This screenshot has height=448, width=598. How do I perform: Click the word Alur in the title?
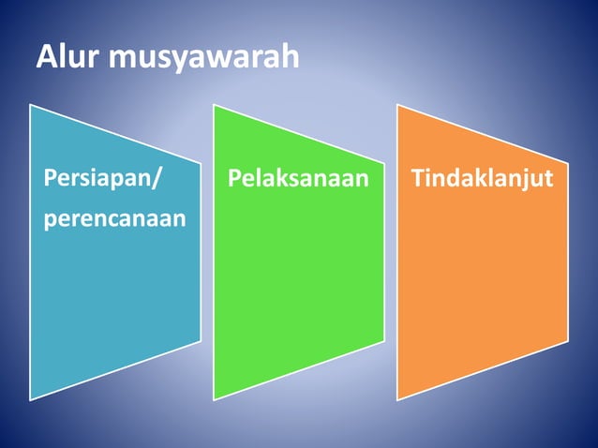coord(69,57)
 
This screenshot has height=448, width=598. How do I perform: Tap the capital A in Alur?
coord(47,57)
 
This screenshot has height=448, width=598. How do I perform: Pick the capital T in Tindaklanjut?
coord(419,177)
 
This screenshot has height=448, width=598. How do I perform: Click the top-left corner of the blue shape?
coord(30,105)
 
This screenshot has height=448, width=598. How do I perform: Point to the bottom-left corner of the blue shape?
coord(30,400)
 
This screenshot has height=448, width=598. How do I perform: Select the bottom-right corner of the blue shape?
coord(201,340)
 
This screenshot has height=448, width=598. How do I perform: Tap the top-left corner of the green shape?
coord(214,105)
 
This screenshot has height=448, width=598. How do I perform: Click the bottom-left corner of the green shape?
coord(214,400)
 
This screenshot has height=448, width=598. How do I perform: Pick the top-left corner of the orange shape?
coord(397,105)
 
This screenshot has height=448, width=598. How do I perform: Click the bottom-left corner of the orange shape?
coord(397,400)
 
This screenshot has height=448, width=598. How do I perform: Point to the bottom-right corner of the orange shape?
coord(568,340)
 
